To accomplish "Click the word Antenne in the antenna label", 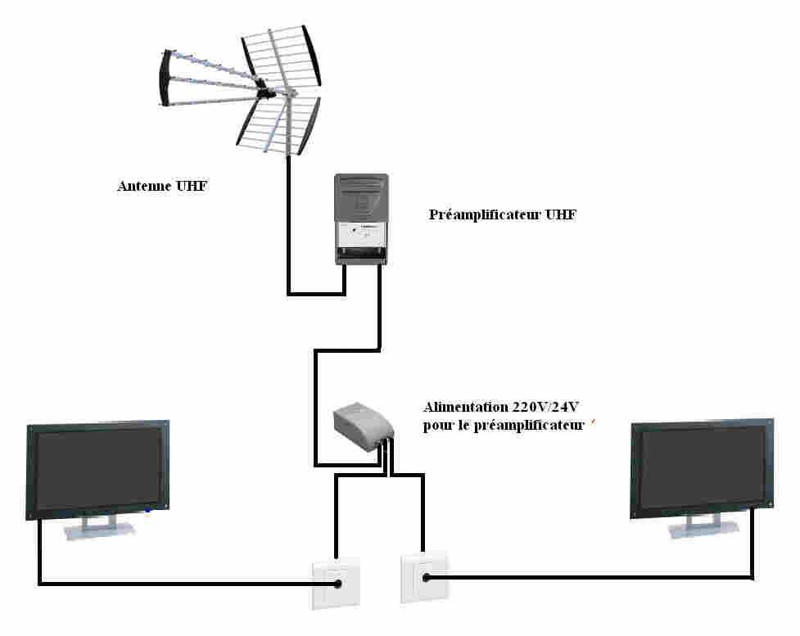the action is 144,186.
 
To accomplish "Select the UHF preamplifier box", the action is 361,219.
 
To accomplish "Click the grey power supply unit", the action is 363,426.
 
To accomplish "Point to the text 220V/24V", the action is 545,407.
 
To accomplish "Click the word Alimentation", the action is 466,407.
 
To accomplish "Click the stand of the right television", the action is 703,525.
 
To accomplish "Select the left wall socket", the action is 336,583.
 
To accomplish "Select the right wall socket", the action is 424,577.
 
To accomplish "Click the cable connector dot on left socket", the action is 337,584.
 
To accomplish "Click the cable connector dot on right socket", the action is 426,577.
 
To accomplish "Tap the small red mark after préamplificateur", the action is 594,422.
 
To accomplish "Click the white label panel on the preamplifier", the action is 361,235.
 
